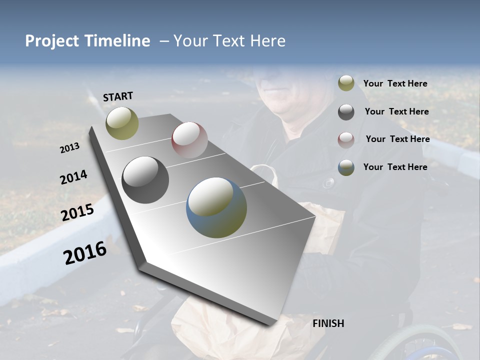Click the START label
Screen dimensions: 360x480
point(118,96)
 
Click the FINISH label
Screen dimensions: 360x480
point(328,323)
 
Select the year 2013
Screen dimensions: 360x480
point(69,148)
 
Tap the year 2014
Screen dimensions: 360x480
point(73,177)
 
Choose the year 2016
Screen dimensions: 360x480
point(85,253)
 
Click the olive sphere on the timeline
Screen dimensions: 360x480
point(122,123)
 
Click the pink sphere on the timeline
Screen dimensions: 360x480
point(189,139)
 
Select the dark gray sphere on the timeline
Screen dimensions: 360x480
point(145,179)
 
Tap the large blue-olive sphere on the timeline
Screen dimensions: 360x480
point(216,207)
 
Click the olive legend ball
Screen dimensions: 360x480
point(346,83)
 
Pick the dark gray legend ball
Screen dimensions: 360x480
point(346,112)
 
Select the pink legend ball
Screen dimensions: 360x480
point(346,139)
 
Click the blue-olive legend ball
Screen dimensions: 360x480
point(346,167)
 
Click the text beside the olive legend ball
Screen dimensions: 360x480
point(395,83)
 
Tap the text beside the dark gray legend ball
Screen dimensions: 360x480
point(396,111)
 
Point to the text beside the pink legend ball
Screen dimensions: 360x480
point(397,139)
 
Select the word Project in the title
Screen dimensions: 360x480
point(51,41)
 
